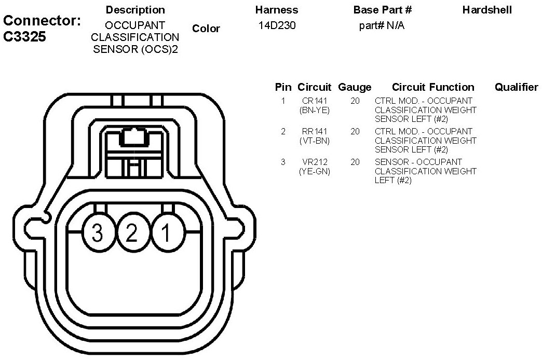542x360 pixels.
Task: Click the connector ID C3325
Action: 24,36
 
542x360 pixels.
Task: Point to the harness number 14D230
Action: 277,25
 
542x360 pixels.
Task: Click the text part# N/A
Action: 382,25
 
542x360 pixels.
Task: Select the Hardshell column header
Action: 487,10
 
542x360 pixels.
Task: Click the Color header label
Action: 206,29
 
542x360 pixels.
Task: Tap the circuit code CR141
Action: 314,101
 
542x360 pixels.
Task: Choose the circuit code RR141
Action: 314,131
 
